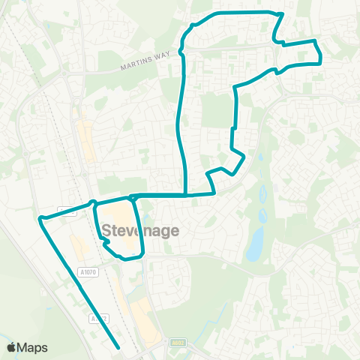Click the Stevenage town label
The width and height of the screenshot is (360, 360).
point(140,230)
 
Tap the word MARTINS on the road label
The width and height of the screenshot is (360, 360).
point(136,67)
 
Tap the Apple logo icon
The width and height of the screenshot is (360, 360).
point(12,347)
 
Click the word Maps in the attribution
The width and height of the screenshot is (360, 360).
point(33,347)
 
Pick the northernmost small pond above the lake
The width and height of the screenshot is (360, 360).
point(263,192)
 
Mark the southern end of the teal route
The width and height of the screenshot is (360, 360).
point(119,346)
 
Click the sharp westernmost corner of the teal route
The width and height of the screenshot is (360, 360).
point(40,218)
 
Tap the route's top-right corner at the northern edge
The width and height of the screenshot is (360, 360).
point(281,13)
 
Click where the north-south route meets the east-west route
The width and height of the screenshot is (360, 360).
point(185,194)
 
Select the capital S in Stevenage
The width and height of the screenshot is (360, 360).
point(106,230)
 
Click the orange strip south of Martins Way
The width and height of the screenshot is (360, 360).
point(87,142)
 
